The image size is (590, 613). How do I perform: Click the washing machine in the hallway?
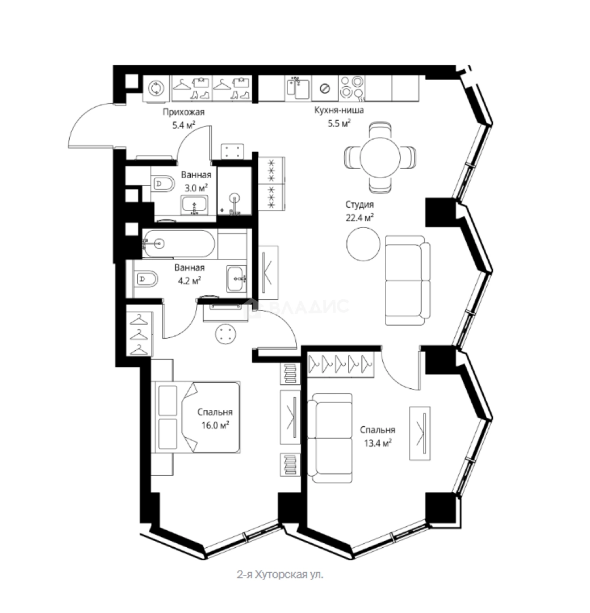157,89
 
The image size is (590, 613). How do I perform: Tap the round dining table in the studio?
380,158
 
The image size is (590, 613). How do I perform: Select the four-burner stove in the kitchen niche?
352,87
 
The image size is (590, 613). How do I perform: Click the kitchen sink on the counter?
298,89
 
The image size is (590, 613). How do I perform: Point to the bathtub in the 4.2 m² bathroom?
178,243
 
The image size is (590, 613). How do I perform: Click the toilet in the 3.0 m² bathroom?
163,183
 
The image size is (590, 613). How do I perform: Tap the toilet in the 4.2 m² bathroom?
147,279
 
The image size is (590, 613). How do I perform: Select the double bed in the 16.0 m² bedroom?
198,417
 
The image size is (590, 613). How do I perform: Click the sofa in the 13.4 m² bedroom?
330,438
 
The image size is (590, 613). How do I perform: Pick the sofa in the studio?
408,280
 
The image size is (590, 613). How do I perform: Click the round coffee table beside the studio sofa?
363,244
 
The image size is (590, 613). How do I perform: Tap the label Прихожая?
183,112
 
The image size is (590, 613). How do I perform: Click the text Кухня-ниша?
339,110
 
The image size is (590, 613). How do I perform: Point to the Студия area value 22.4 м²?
359,217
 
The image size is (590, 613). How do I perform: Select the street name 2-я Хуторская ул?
280,574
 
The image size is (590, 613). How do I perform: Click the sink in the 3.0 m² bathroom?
194,205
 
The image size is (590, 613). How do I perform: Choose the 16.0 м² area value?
215,425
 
